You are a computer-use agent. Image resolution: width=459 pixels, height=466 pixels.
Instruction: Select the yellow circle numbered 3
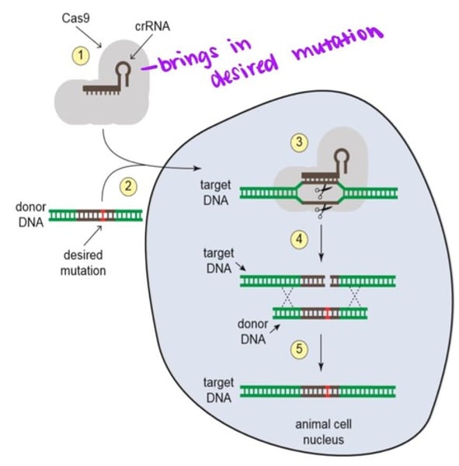tap(299, 142)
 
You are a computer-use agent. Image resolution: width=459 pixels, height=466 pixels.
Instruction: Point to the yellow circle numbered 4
tap(299, 240)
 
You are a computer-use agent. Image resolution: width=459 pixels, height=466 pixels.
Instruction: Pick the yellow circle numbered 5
tap(298, 349)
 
